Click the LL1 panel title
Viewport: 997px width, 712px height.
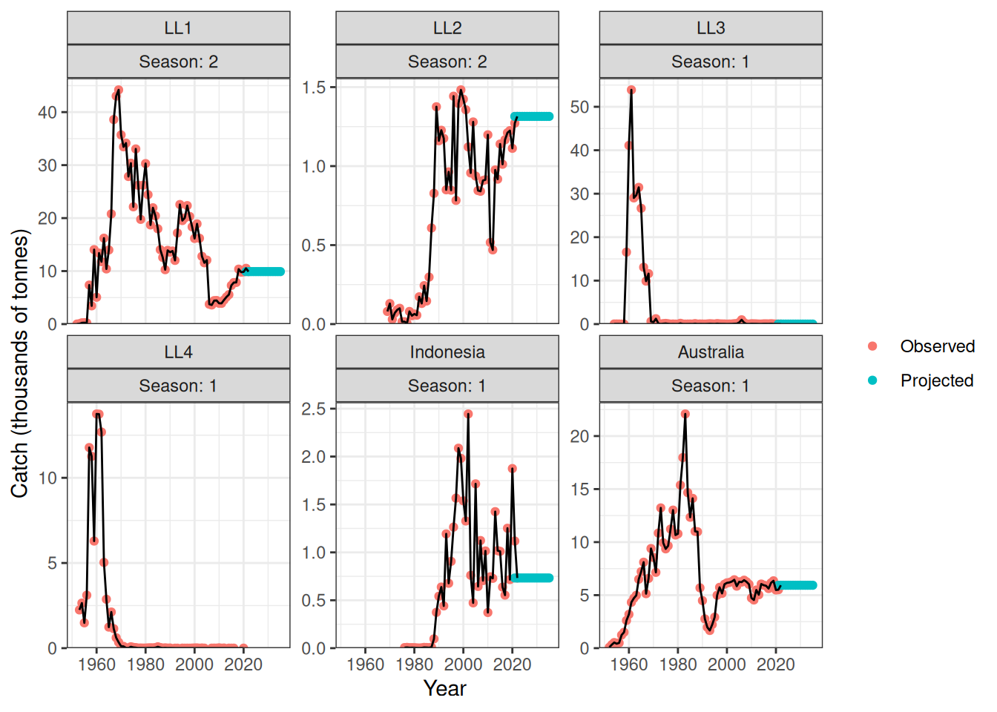178,28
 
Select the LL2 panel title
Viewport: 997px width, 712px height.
447,28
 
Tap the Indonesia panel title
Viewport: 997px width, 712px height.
447,352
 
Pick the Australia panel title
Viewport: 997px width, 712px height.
711,352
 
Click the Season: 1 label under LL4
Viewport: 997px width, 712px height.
178,386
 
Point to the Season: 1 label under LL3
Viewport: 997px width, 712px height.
711,62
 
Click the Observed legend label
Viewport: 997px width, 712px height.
937,346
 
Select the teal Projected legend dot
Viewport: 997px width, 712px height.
872,380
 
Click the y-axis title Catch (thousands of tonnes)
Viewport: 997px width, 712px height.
20,363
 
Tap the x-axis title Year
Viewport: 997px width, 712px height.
445,688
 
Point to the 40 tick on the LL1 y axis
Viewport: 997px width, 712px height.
47,113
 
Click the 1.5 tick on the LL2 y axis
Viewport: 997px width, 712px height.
314,88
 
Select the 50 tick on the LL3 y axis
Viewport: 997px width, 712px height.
579,107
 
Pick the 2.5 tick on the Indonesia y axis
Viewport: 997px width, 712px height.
314,409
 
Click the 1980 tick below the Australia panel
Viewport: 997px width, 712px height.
677,665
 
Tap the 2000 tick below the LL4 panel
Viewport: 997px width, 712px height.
194,665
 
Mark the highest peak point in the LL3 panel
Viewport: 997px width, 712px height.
631,90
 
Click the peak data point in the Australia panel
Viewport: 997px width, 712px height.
685,414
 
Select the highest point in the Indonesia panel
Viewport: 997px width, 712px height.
468,414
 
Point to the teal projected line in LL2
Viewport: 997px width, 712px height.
533,116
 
